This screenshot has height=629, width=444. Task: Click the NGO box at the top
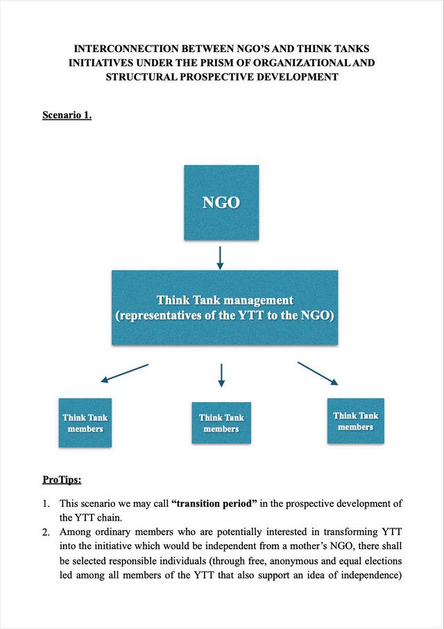point(221,202)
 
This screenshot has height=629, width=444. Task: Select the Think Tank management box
point(225,308)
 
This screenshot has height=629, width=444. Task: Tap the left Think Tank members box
point(85,423)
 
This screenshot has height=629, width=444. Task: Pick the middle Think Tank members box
point(221,423)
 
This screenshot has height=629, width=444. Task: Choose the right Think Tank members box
point(355,421)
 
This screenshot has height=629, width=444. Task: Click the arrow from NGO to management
point(221,257)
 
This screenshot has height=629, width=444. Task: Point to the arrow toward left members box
point(125,373)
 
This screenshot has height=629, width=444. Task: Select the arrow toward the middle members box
point(221,375)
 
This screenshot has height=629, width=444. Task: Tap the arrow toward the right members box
point(318,373)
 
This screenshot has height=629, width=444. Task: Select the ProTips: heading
point(62,480)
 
